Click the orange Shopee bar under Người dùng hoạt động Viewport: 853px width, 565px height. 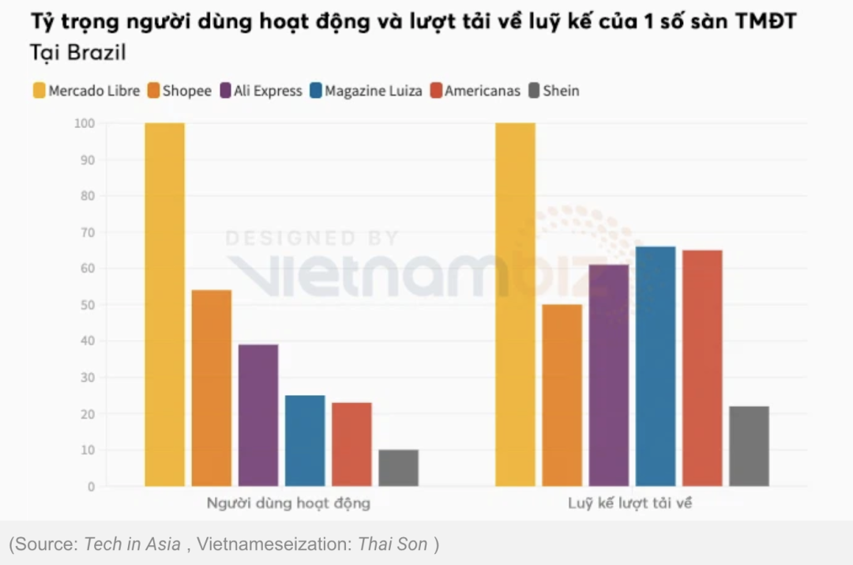212,388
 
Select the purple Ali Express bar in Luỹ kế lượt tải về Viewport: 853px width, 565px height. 609,375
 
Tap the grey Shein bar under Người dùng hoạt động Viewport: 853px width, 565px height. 398,468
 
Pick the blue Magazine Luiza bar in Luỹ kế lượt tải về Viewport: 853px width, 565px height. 656,367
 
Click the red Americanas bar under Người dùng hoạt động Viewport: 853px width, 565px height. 351,444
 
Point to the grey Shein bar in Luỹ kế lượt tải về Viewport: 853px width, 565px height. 749,446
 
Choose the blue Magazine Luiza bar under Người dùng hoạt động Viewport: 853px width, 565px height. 305,441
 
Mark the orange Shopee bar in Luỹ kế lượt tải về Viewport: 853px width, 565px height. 562,395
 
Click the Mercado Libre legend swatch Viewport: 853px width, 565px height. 39,91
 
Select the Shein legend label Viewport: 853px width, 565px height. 561,91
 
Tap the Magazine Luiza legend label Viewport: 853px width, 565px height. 374,91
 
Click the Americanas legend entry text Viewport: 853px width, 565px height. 483,91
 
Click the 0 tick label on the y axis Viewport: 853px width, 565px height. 90,487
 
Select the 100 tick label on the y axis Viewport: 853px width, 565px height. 84,123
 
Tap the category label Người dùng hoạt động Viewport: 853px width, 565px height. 287,503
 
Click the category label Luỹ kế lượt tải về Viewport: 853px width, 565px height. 629,503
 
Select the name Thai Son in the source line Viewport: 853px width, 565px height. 393,544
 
